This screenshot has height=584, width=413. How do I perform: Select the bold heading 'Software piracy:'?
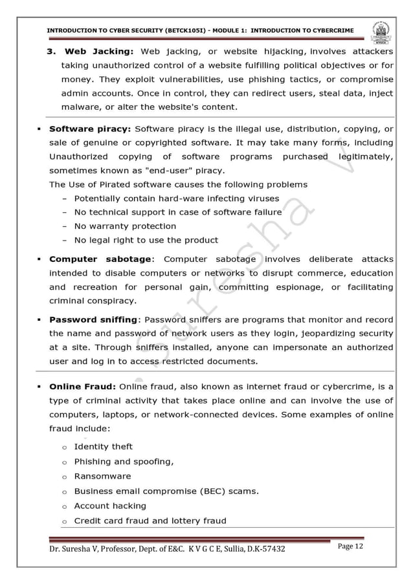[x=89, y=128]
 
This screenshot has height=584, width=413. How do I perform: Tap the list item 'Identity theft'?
[x=103, y=446]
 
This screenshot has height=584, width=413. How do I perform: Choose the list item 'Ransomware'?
[x=102, y=476]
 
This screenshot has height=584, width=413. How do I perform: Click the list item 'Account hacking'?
[x=110, y=506]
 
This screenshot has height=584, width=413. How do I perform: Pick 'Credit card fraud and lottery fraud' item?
[x=150, y=521]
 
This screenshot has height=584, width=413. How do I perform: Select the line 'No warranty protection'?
[x=125, y=226]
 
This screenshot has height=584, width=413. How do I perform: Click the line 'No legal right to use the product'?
[x=146, y=240]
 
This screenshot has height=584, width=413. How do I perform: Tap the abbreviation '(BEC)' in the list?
[x=206, y=491]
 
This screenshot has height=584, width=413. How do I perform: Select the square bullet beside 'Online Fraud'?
[x=40, y=387]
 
